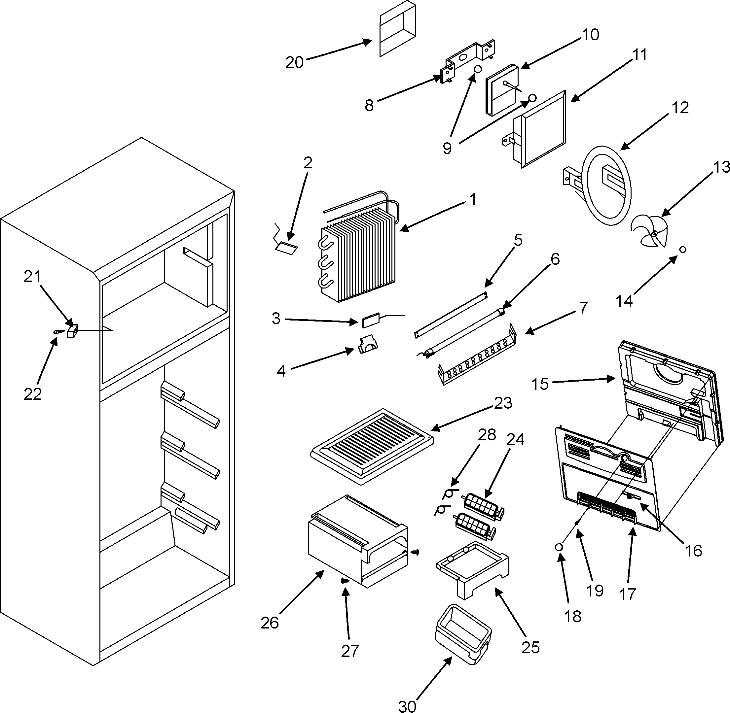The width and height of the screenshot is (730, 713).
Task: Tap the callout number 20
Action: [x=294, y=62]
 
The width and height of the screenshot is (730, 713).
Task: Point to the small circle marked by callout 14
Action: [x=683, y=250]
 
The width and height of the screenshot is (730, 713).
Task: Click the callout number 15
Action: [x=540, y=384]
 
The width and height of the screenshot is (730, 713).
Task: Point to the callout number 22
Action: [x=33, y=394]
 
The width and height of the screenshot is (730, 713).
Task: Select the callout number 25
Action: [x=530, y=647]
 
